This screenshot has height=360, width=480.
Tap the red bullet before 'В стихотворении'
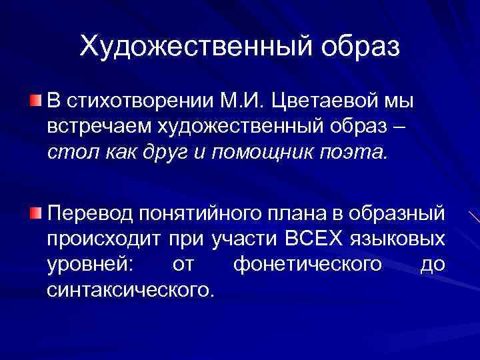pyautogui.click(x=35, y=101)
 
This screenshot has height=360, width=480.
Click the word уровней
pyautogui.click(x=90, y=265)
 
